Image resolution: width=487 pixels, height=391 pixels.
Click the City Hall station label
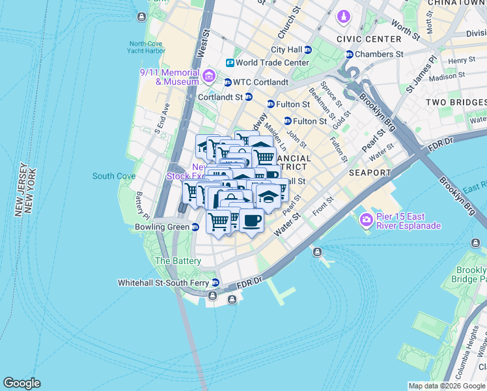click(286, 50)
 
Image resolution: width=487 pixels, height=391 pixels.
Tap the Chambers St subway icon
click(350, 55)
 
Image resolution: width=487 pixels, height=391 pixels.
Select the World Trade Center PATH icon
click(230, 63)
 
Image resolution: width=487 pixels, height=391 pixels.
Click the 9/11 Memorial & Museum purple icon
click(208, 76)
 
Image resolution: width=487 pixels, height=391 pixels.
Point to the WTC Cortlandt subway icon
click(227, 83)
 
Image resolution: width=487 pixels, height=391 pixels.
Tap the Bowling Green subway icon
click(195, 227)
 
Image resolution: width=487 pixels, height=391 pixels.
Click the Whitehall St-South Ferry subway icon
click(215, 283)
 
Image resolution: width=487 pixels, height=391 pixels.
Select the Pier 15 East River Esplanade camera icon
click(367, 220)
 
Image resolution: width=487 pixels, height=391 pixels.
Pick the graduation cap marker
click(268, 195)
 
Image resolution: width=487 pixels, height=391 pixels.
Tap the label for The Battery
click(178, 261)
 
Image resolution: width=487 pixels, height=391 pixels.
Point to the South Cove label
click(114, 176)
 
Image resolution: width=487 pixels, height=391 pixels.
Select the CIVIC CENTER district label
click(367, 39)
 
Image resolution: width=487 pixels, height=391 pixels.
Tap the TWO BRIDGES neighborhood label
click(456, 102)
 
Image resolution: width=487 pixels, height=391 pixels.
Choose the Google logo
click(21, 383)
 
